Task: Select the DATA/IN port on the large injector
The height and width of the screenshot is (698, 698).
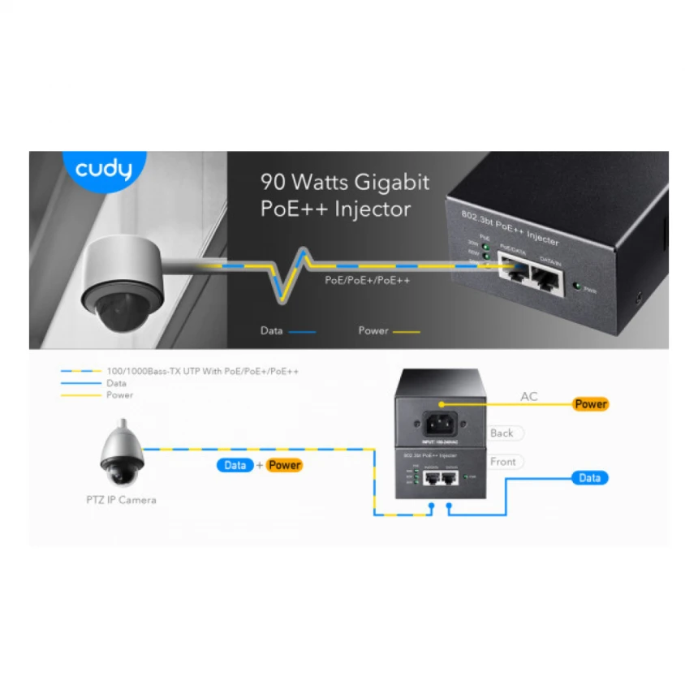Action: pyautogui.click(x=546, y=281)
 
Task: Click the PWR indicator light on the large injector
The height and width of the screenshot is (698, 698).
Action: pyautogui.click(x=576, y=286)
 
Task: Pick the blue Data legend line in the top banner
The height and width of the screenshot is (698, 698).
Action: pyautogui.click(x=301, y=331)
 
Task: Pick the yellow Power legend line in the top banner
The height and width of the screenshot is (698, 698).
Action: pyautogui.click(x=405, y=331)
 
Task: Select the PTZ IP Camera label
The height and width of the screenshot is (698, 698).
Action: pyautogui.click(x=121, y=500)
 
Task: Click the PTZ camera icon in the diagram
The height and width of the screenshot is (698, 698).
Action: pyautogui.click(x=122, y=454)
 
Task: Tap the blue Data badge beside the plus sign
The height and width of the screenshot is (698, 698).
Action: pyautogui.click(x=235, y=465)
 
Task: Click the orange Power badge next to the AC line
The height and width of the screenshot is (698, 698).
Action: pyautogui.click(x=590, y=403)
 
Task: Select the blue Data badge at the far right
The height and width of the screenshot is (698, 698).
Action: pyautogui.click(x=589, y=478)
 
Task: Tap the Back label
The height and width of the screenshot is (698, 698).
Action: pyautogui.click(x=502, y=433)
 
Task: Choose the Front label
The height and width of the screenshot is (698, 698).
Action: pyautogui.click(x=503, y=462)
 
